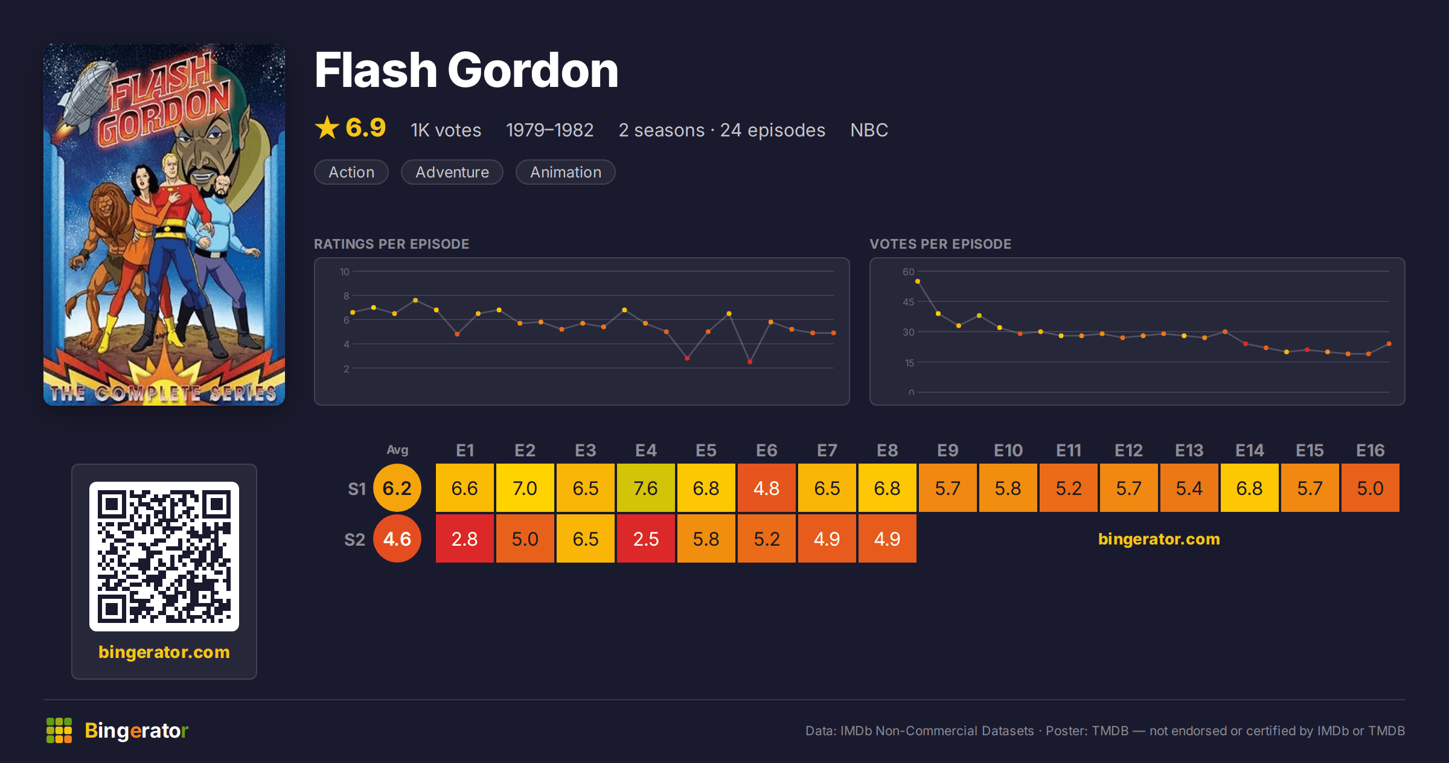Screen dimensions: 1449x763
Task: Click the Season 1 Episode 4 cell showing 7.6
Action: (646, 488)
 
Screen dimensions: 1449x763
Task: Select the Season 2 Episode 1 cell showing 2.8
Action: (465, 538)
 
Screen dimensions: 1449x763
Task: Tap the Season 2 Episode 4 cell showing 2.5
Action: (646, 538)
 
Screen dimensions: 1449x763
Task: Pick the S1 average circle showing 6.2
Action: (397, 488)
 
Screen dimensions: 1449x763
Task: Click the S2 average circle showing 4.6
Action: (397, 538)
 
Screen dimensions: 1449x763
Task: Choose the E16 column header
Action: (1370, 450)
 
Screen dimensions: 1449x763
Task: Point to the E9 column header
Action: (948, 450)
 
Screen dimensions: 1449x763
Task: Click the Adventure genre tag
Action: (452, 172)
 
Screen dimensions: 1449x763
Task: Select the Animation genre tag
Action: (566, 172)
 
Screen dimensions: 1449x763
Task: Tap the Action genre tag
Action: (351, 172)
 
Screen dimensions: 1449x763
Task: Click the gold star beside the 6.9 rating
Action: (327, 127)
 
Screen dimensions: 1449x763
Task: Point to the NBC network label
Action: (869, 130)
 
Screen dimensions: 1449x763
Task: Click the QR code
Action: (164, 556)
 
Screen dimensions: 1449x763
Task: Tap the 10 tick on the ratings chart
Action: (345, 272)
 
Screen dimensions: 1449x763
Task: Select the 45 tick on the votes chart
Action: (909, 302)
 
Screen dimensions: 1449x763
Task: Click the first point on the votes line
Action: (918, 281)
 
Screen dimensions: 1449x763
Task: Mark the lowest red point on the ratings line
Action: (750, 362)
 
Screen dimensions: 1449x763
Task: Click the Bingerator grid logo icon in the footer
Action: (59, 730)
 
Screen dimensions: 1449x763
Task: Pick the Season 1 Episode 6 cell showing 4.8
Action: (767, 488)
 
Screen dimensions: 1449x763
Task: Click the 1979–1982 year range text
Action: (549, 130)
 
